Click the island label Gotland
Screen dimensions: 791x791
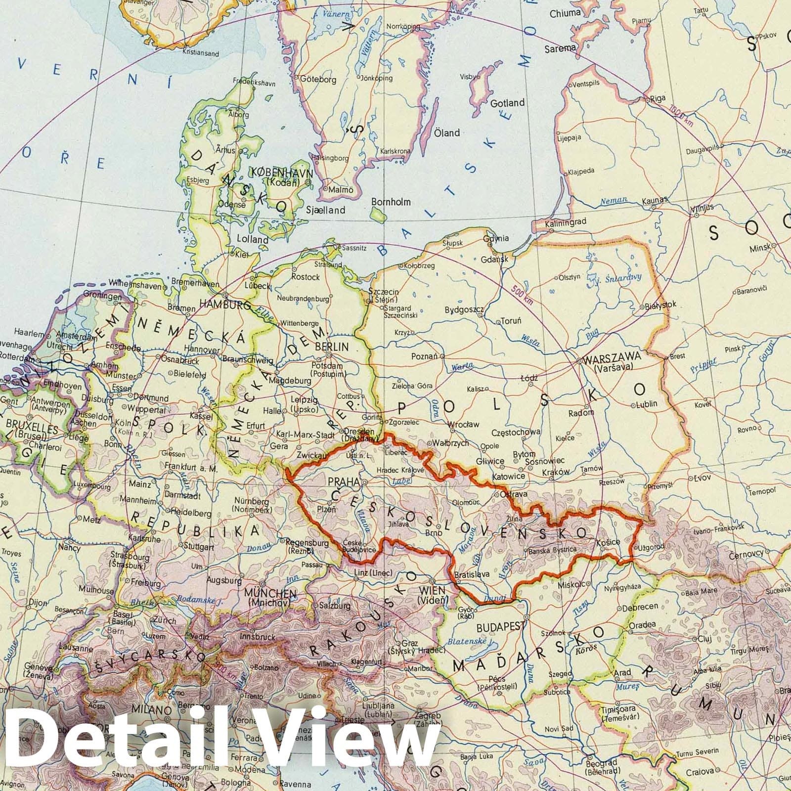coord(507,103)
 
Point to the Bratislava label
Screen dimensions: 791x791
coord(471,574)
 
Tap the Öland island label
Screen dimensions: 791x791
coord(447,132)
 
